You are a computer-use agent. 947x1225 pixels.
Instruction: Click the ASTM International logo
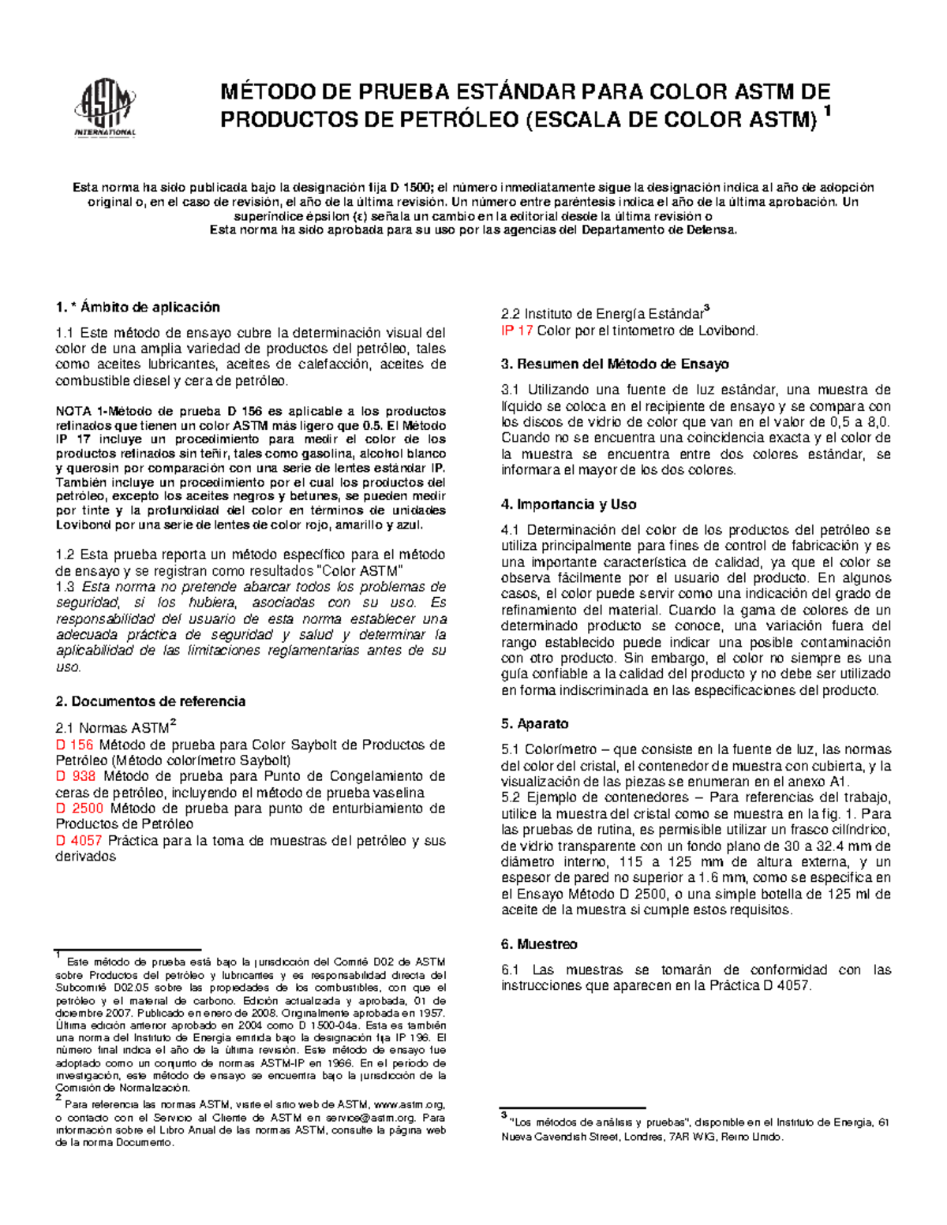[x=105, y=111]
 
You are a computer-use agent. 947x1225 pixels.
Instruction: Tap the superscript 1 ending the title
[x=827, y=113]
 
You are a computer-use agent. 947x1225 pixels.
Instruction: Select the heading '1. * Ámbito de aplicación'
[x=137, y=307]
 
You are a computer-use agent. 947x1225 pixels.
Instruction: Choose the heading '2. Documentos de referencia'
[x=150, y=701]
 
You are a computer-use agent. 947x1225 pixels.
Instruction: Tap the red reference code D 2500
[x=79, y=809]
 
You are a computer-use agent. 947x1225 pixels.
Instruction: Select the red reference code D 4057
[x=79, y=840]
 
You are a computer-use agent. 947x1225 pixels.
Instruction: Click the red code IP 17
[x=517, y=331]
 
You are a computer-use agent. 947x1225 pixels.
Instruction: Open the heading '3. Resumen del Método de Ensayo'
[x=615, y=364]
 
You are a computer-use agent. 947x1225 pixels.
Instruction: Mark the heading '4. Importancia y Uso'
[x=568, y=504]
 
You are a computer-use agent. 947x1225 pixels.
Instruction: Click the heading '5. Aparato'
[x=534, y=723]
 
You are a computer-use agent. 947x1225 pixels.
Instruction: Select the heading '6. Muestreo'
[x=539, y=944]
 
